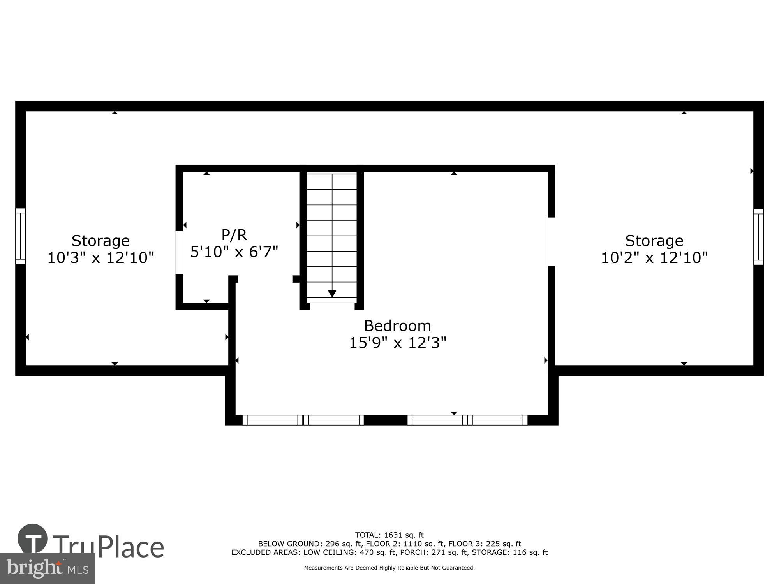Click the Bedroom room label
(397, 325)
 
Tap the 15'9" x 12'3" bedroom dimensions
(397, 343)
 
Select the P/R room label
(234, 235)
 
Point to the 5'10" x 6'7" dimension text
(234, 252)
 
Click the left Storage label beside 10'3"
(100, 241)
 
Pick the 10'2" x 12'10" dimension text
(654, 258)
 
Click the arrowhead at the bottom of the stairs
(332, 294)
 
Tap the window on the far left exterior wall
(20, 236)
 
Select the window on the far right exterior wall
(758, 237)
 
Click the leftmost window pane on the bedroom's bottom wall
(272, 420)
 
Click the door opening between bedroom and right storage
(552, 241)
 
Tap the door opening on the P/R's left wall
(179, 253)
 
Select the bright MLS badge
(47, 568)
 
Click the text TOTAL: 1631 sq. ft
(389, 535)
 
